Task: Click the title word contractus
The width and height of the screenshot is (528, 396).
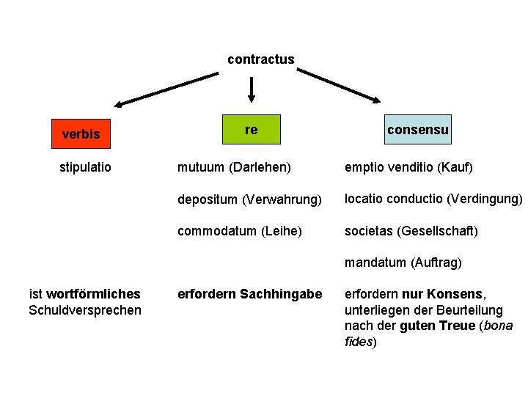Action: [x=260, y=59]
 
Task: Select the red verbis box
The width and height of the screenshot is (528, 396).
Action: [x=81, y=134]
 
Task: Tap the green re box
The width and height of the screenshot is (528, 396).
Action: [x=252, y=130]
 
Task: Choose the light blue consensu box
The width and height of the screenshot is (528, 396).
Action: [x=418, y=130]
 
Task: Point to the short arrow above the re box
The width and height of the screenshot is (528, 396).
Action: [x=252, y=89]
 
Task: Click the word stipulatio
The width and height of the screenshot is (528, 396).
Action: [x=85, y=167]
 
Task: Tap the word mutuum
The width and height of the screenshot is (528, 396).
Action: [x=200, y=167]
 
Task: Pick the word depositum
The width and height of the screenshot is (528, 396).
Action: [x=208, y=199]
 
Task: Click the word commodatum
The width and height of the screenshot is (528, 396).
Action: [x=216, y=231]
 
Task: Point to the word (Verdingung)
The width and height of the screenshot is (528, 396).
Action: [x=484, y=199]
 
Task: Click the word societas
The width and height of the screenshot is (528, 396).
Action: [x=369, y=231]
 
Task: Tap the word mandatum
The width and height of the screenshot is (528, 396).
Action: [x=375, y=263]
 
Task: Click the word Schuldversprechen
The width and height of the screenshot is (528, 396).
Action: [x=85, y=310]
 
